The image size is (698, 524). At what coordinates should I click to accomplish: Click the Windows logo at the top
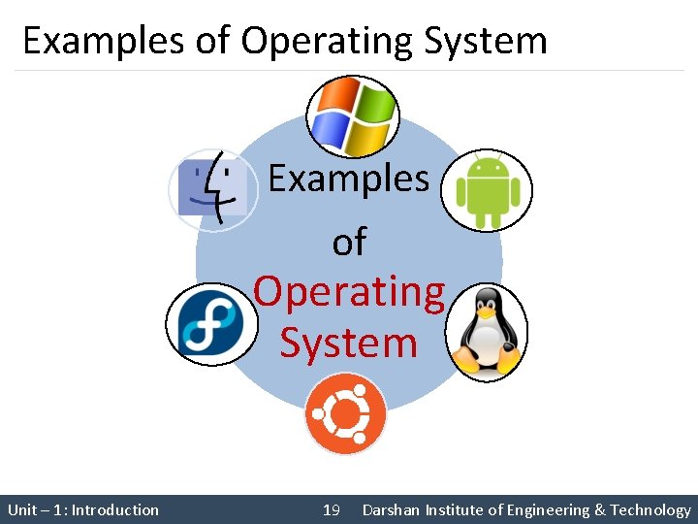click(x=352, y=116)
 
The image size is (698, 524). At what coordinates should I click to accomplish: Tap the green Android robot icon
click(x=488, y=189)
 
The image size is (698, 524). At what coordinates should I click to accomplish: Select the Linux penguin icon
click(x=487, y=333)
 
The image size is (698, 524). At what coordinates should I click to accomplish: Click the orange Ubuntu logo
click(x=345, y=414)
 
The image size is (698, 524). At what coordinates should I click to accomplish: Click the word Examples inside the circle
click(x=348, y=179)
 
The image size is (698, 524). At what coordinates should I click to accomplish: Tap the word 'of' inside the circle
click(x=349, y=242)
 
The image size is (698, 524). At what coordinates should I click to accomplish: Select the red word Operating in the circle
click(x=349, y=291)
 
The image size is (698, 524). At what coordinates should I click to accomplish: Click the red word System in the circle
click(x=349, y=343)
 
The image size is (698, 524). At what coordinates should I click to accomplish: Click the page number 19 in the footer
click(x=331, y=509)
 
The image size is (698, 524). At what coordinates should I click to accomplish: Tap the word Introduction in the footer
click(x=115, y=509)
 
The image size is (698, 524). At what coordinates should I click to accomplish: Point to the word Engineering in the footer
click(x=545, y=509)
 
